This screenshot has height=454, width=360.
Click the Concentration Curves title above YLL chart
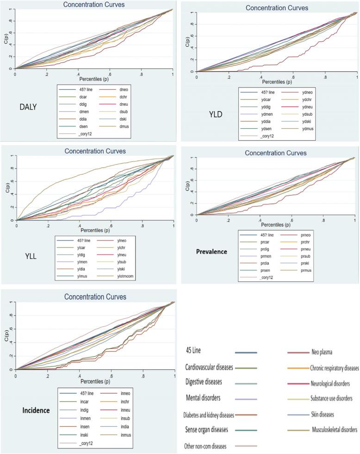click(x=95, y=151)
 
